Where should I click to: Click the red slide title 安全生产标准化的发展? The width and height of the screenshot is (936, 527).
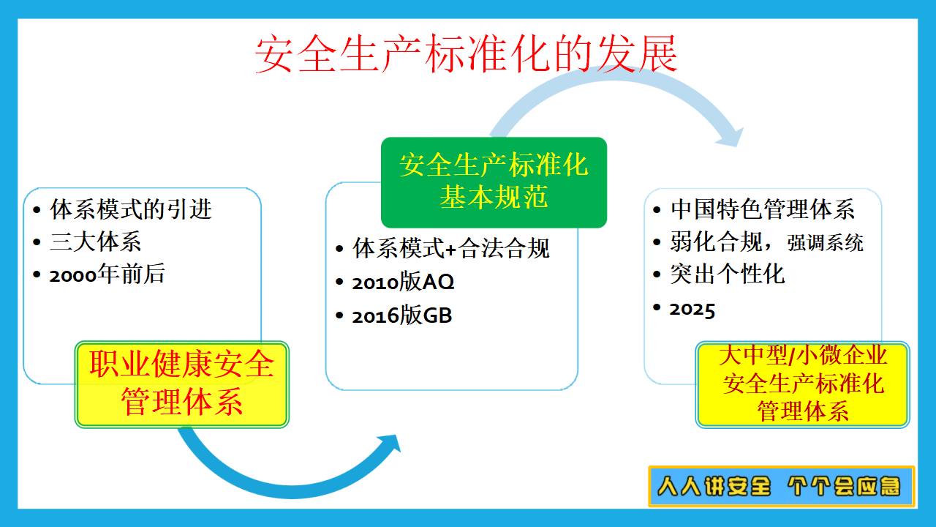(x=466, y=54)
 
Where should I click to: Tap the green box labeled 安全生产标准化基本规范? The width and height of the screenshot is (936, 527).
(x=494, y=182)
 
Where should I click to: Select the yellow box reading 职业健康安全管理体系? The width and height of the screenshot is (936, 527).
(x=182, y=384)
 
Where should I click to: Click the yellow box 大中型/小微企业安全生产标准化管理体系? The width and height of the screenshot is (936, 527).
(x=802, y=384)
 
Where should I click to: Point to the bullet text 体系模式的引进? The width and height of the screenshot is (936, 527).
(x=131, y=209)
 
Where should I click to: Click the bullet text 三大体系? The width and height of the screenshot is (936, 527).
(x=95, y=242)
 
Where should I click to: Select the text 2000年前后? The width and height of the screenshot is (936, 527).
(x=107, y=274)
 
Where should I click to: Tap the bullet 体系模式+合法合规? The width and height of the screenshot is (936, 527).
(x=451, y=248)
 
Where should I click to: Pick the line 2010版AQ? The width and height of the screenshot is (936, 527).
(x=403, y=282)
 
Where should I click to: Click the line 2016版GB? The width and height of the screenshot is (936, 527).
(x=402, y=315)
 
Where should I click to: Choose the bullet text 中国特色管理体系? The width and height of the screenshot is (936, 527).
(x=763, y=209)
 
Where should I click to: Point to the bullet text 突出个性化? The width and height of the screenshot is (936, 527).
(x=728, y=274)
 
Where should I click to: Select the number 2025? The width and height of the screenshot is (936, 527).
(x=692, y=310)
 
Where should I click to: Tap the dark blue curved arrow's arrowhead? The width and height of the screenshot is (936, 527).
(x=390, y=445)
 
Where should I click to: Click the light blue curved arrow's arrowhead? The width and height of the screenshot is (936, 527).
(x=731, y=137)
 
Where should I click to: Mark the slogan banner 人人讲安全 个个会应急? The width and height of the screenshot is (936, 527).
(x=782, y=487)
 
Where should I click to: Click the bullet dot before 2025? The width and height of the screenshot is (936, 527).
(x=657, y=307)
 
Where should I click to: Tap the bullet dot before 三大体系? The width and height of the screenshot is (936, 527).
(x=37, y=242)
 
